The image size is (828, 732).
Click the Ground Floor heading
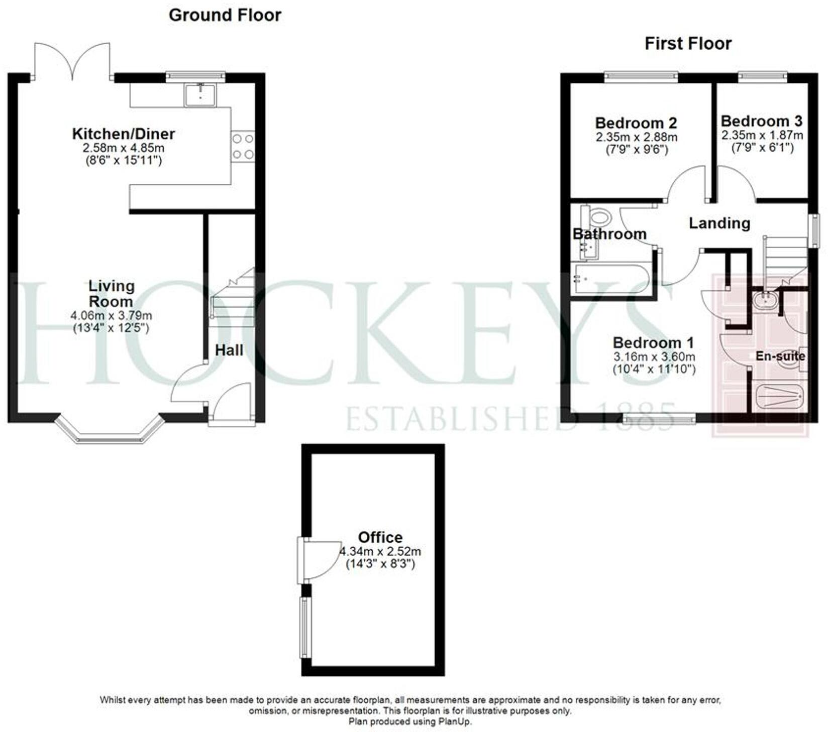pyautogui.click(x=225, y=15)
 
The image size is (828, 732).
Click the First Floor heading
pyautogui.click(x=688, y=44)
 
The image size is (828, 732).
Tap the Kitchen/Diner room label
pyautogui.click(x=123, y=134)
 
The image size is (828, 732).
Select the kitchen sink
pyautogui.click(x=200, y=95)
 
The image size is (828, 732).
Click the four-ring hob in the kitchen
pyautogui.click(x=243, y=146)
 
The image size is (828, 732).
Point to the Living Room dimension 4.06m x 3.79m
pyautogui.click(x=112, y=316)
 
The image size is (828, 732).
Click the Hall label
pyautogui.click(x=229, y=350)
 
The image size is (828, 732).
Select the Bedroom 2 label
pyautogui.click(x=636, y=123)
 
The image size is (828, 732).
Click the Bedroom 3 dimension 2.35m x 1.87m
pyautogui.click(x=762, y=135)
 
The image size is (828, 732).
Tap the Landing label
pyautogui.click(x=719, y=223)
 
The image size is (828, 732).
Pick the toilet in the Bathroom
pyautogui.click(x=599, y=218)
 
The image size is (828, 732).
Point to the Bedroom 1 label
pyautogui.click(x=653, y=343)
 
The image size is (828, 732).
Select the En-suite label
pyautogui.click(x=780, y=356)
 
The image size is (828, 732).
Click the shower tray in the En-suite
pyautogui.click(x=778, y=398)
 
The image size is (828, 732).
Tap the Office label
pyautogui.click(x=380, y=537)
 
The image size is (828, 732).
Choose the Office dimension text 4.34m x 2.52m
pyautogui.click(x=380, y=551)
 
